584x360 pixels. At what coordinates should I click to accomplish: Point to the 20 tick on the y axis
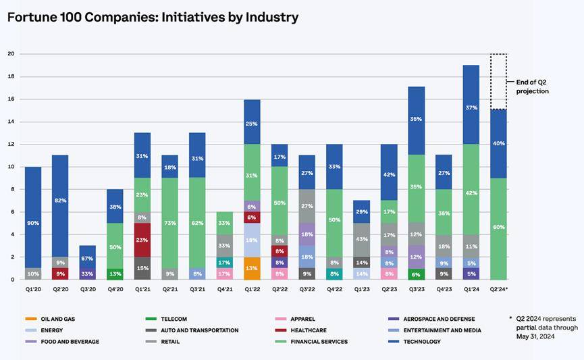11,53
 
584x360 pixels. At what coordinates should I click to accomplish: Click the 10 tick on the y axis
11,166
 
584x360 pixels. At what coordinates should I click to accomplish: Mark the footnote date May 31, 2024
535,337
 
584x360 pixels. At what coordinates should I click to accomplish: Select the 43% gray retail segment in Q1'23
362,240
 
